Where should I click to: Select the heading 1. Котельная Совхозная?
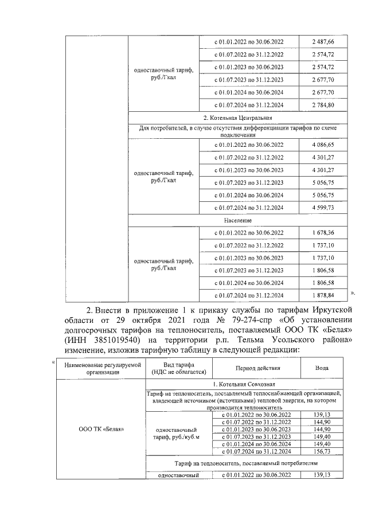pos(244,383)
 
